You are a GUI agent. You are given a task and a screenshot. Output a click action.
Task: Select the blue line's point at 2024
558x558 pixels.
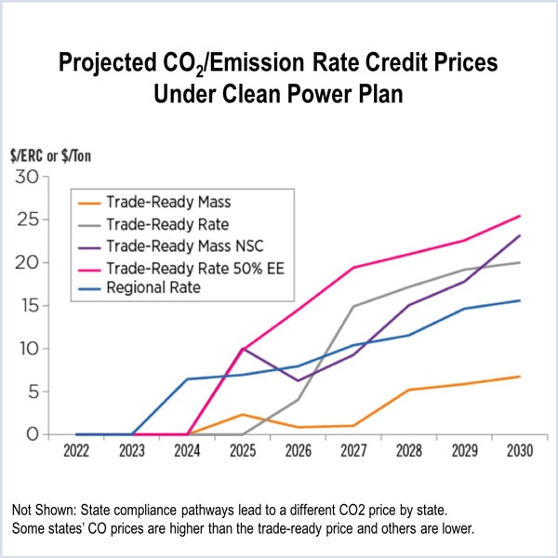tap(188, 379)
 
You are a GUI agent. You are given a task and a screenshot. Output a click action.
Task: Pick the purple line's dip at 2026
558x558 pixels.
tap(298, 380)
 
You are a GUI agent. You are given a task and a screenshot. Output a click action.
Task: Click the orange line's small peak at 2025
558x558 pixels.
tap(243, 414)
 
